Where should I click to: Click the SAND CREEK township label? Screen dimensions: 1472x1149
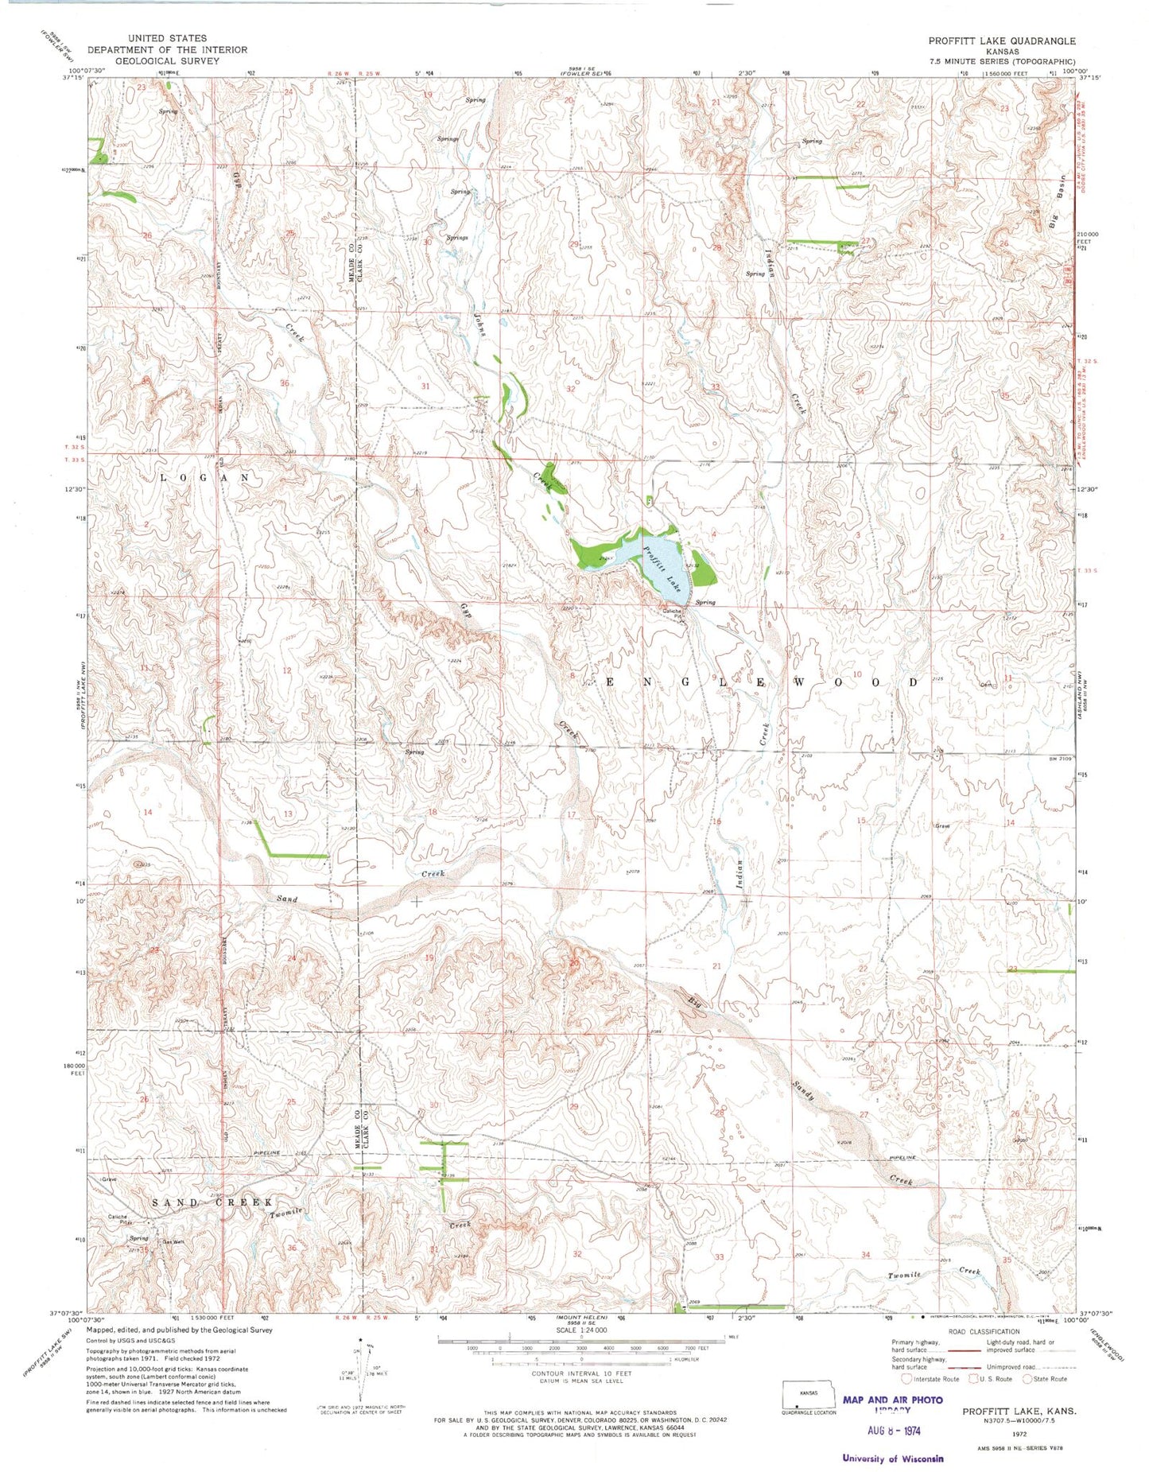coord(212,1202)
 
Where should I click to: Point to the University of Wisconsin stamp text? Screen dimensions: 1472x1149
coord(893,1458)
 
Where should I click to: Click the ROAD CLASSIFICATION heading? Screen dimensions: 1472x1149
coord(981,1331)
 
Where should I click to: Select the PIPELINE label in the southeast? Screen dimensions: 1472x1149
coord(903,1157)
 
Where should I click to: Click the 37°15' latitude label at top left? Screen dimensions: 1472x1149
coord(72,78)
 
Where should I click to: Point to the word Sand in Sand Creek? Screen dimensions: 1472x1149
coord(286,899)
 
